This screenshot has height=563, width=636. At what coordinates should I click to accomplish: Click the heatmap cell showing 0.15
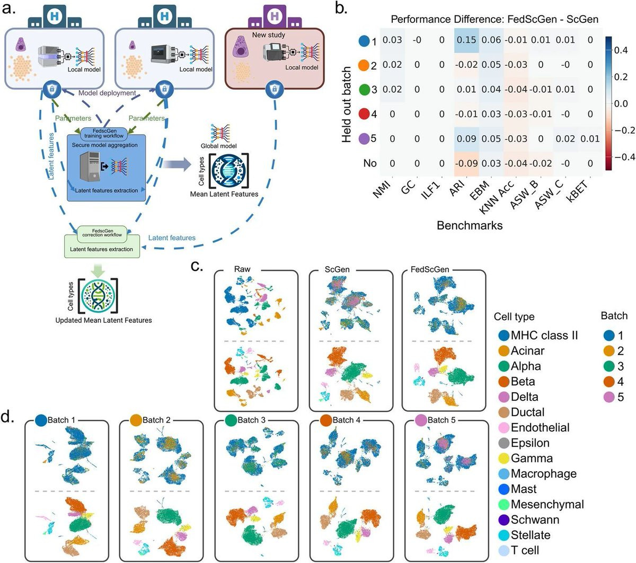point(466,40)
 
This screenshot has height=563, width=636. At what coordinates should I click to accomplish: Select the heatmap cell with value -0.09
point(466,163)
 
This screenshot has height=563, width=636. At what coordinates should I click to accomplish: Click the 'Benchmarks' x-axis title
point(470,225)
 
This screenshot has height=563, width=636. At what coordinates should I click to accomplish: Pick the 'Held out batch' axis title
point(347,104)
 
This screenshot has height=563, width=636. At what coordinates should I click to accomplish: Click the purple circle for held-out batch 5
point(364,138)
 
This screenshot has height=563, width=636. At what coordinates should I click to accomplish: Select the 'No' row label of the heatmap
point(369,163)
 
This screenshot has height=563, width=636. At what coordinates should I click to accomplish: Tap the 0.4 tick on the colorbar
point(621,50)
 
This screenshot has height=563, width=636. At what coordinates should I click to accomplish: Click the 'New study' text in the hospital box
point(268,35)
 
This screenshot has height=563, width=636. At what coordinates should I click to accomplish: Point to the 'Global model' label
point(218,146)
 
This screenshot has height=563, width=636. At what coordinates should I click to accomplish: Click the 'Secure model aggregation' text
point(105,145)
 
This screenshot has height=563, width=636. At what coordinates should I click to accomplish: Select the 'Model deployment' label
point(107,93)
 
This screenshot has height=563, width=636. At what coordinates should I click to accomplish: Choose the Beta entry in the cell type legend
point(523,382)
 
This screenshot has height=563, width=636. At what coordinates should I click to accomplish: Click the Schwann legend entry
point(535,520)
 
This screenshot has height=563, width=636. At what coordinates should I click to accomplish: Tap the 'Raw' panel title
point(242,269)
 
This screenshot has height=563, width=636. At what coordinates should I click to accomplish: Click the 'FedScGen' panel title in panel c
point(430,269)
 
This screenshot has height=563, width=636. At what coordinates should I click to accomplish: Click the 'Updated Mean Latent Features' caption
point(103,320)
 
